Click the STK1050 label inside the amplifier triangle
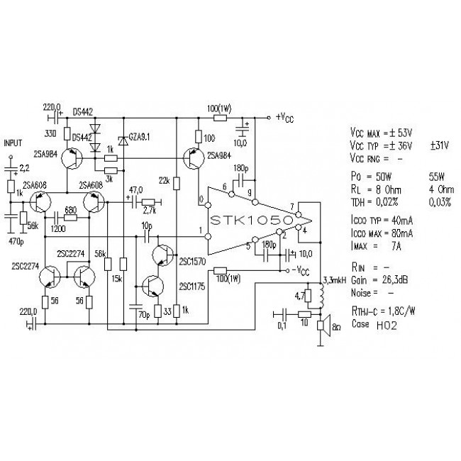pyautogui.click(x=252, y=222)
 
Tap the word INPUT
pyautogui.click(x=15, y=143)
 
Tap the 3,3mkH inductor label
pyautogui.click(x=334, y=281)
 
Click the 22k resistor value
pyautogui.click(x=164, y=182)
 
